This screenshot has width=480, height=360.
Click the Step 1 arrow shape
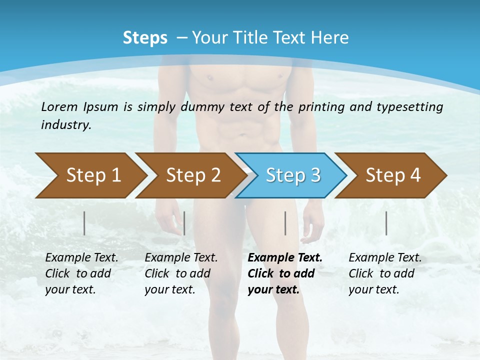[90, 175]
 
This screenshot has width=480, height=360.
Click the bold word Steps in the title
[145, 38]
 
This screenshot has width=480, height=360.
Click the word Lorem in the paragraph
[59, 106]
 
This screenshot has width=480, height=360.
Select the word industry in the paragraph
[65, 125]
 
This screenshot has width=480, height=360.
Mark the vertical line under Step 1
[84, 223]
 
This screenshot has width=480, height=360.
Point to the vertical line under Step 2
[184, 223]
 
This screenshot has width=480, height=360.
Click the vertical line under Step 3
[285, 223]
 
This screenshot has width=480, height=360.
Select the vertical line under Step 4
[386, 223]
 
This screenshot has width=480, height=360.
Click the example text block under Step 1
[81, 273]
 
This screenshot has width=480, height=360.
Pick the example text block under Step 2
[181, 273]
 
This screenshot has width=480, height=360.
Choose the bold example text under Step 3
[285, 273]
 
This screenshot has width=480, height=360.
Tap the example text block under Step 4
[385, 273]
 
